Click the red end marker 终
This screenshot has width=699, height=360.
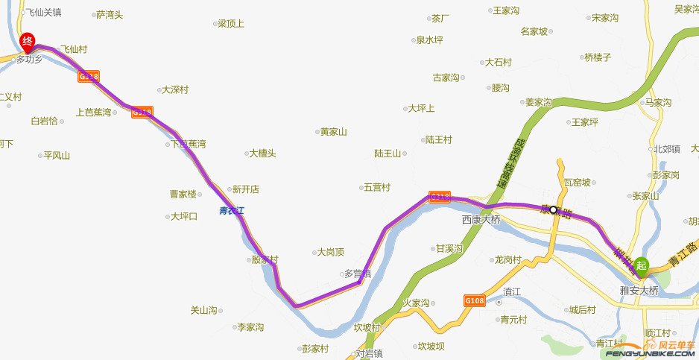coord(27,41)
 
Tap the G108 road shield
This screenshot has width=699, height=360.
coord(474,300)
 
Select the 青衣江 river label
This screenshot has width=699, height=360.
coord(232,211)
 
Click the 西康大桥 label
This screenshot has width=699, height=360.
coord(482,220)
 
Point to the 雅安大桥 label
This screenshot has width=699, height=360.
coord(639,290)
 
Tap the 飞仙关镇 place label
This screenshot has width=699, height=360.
coord(42,13)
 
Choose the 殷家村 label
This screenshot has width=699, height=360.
coord(265,260)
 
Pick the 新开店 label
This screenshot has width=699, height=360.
coord(245,189)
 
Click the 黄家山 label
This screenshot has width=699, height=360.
coord(334,133)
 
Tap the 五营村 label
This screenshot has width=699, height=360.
coord(376,187)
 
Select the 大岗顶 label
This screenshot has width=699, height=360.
coord(330,252)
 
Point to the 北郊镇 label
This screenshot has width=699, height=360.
coord(667,149)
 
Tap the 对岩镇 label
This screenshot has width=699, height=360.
coord(369,353)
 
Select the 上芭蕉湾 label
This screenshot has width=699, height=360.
coord(93,113)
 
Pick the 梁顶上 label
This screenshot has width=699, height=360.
coord(231,24)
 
